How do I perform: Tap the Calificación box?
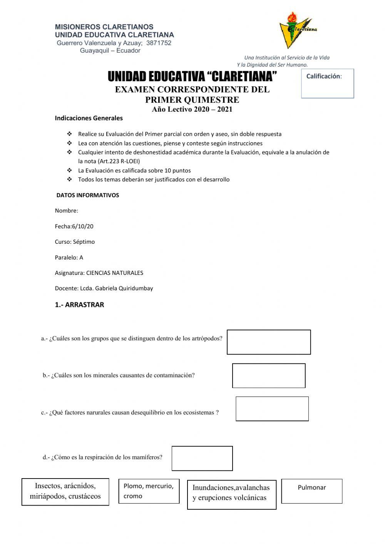click(x=327, y=84)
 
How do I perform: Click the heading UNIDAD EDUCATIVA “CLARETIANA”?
click(x=192, y=77)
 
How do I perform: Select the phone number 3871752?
click(x=159, y=43)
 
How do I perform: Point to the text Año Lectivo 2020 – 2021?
click(x=192, y=109)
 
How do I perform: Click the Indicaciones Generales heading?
click(x=89, y=118)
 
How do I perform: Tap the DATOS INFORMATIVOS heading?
click(x=88, y=195)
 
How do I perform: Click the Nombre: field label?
click(x=67, y=211)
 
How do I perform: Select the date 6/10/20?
click(x=83, y=226)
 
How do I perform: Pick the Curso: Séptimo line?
click(x=75, y=242)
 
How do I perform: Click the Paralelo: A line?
click(x=69, y=257)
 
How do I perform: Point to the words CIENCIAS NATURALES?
click(x=115, y=273)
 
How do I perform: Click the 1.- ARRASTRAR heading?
click(x=79, y=305)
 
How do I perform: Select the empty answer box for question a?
click(x=269, y=342)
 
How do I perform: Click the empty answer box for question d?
click(x=202, y=458)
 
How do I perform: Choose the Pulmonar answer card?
click(x=312, y=491)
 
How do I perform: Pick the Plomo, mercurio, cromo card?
click(x=149, y=491)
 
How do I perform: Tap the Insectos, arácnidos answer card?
click(x=65, y=491)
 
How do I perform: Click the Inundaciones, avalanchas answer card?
click(x=232, y=494)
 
